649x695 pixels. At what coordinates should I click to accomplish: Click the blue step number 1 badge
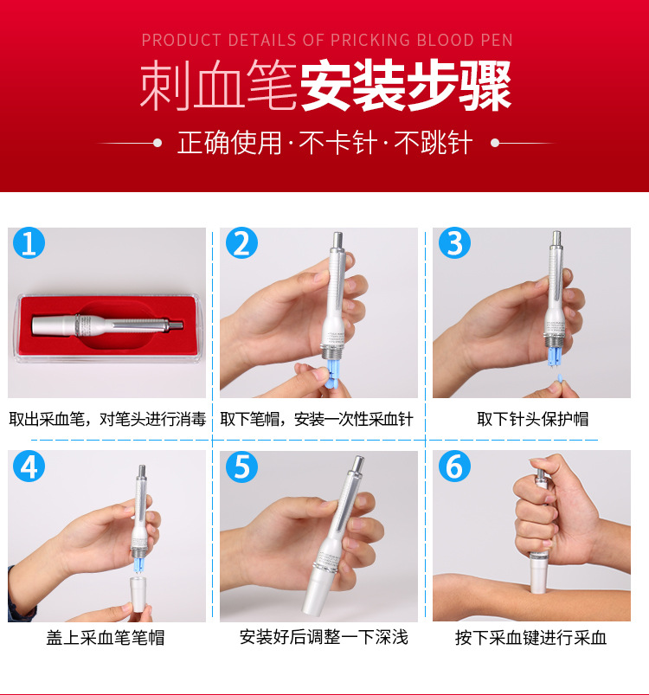click(x=29, y=244)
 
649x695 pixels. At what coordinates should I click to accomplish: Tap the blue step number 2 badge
click(x=241, y=244)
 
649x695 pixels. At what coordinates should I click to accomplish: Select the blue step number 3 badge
click(x=454, y=244)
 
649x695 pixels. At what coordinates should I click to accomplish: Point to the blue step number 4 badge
click(x=29, y=467)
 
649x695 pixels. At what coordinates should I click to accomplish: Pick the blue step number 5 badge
click(x=241, y=467)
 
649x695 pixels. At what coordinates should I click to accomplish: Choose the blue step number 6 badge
click(x=454, y=467)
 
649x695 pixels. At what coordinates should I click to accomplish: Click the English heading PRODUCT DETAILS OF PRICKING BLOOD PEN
click(x=326, y=40)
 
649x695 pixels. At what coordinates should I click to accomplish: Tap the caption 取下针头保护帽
click(x=532, y=419)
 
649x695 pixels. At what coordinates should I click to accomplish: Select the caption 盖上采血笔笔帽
click(x=106, y=638)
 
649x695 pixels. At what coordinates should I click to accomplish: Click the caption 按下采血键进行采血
click(x=531, y=638)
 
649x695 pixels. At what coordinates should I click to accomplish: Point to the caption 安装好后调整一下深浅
click(x=324, y=637)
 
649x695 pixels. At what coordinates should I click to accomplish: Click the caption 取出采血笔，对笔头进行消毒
click(x=107, y=419)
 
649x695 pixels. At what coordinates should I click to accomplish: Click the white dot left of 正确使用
click(x=157, y=143)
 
